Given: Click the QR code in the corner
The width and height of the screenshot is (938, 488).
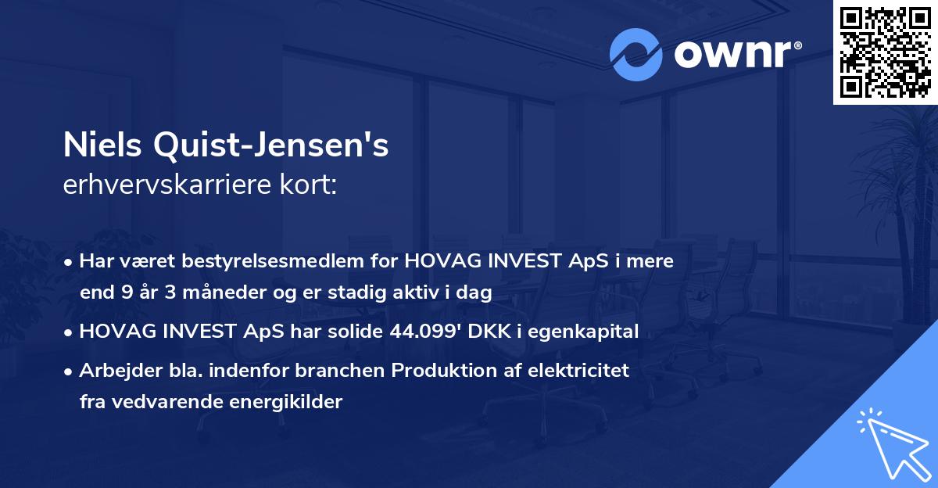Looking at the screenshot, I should pyautogui.click(x=885, y=52).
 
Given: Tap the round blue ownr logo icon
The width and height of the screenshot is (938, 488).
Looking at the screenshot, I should pyautogui.click(x=636, y=54).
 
